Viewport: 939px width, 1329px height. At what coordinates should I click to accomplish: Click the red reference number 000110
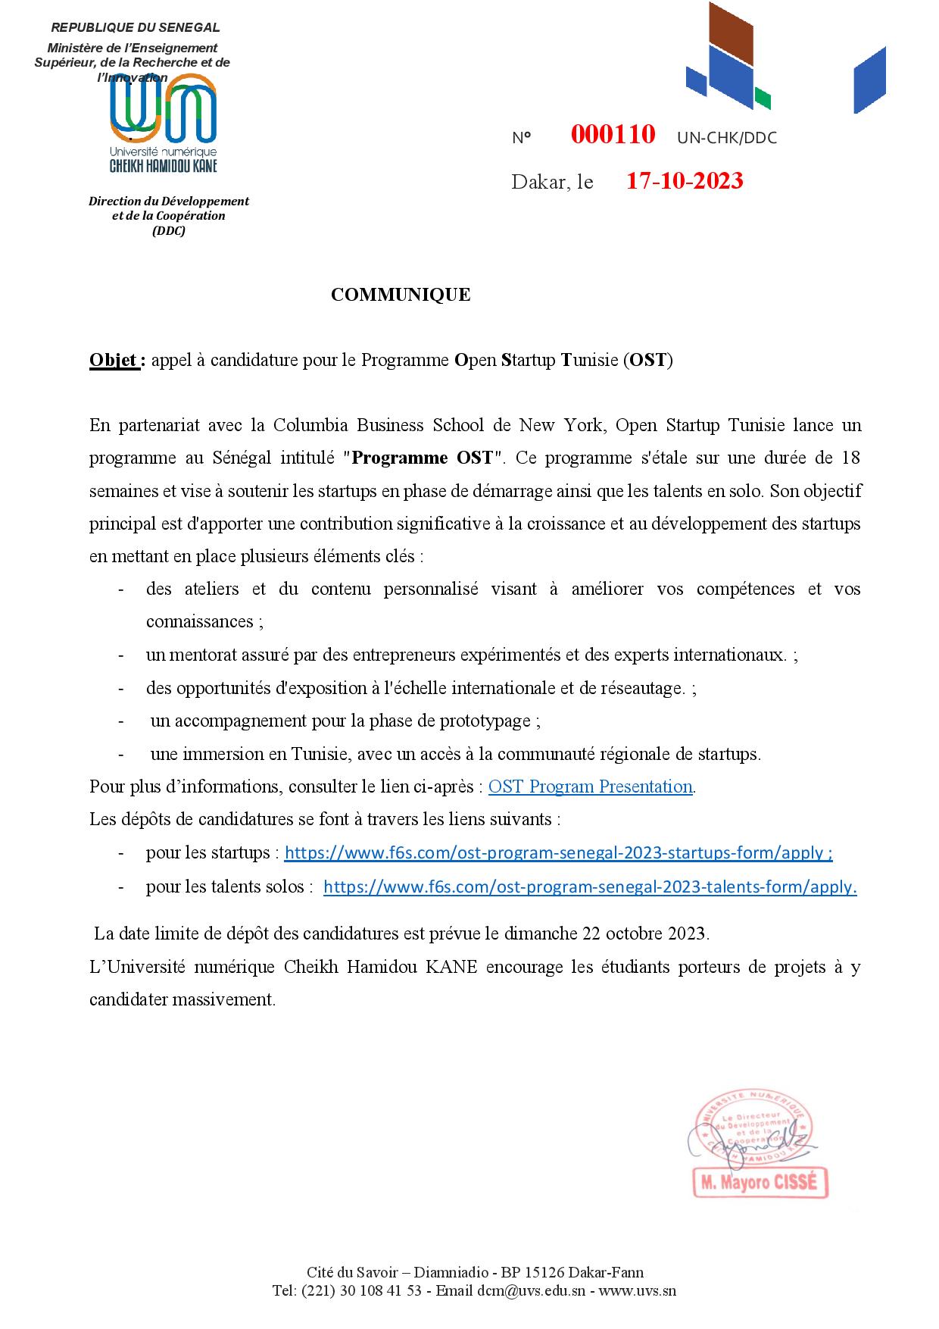pos(613,135)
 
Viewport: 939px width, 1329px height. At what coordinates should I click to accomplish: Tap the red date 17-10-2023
pos(685,181)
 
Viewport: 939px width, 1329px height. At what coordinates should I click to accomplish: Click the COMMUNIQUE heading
pos(401,295)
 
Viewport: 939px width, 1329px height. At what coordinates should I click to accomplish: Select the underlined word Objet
pos(113,359)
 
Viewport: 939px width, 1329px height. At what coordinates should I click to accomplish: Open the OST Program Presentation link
pos(590,786)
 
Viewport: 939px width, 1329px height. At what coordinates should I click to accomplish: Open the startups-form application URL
pos(558,852)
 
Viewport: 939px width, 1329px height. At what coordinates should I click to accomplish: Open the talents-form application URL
pos(590,887)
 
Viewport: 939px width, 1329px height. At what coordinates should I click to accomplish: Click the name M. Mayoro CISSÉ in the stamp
pos(760,1183)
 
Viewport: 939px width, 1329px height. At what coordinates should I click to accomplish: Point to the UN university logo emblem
pos(164,110)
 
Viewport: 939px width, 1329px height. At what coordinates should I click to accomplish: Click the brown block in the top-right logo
pos(729,39)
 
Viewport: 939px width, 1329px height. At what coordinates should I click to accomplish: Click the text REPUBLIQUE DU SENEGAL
pos(136,28)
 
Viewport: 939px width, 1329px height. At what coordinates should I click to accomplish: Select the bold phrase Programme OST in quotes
pos(423,458)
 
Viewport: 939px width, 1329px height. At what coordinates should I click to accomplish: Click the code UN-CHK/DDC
pos(726,138)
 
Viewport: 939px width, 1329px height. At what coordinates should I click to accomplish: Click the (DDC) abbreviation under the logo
pos(168,231)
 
